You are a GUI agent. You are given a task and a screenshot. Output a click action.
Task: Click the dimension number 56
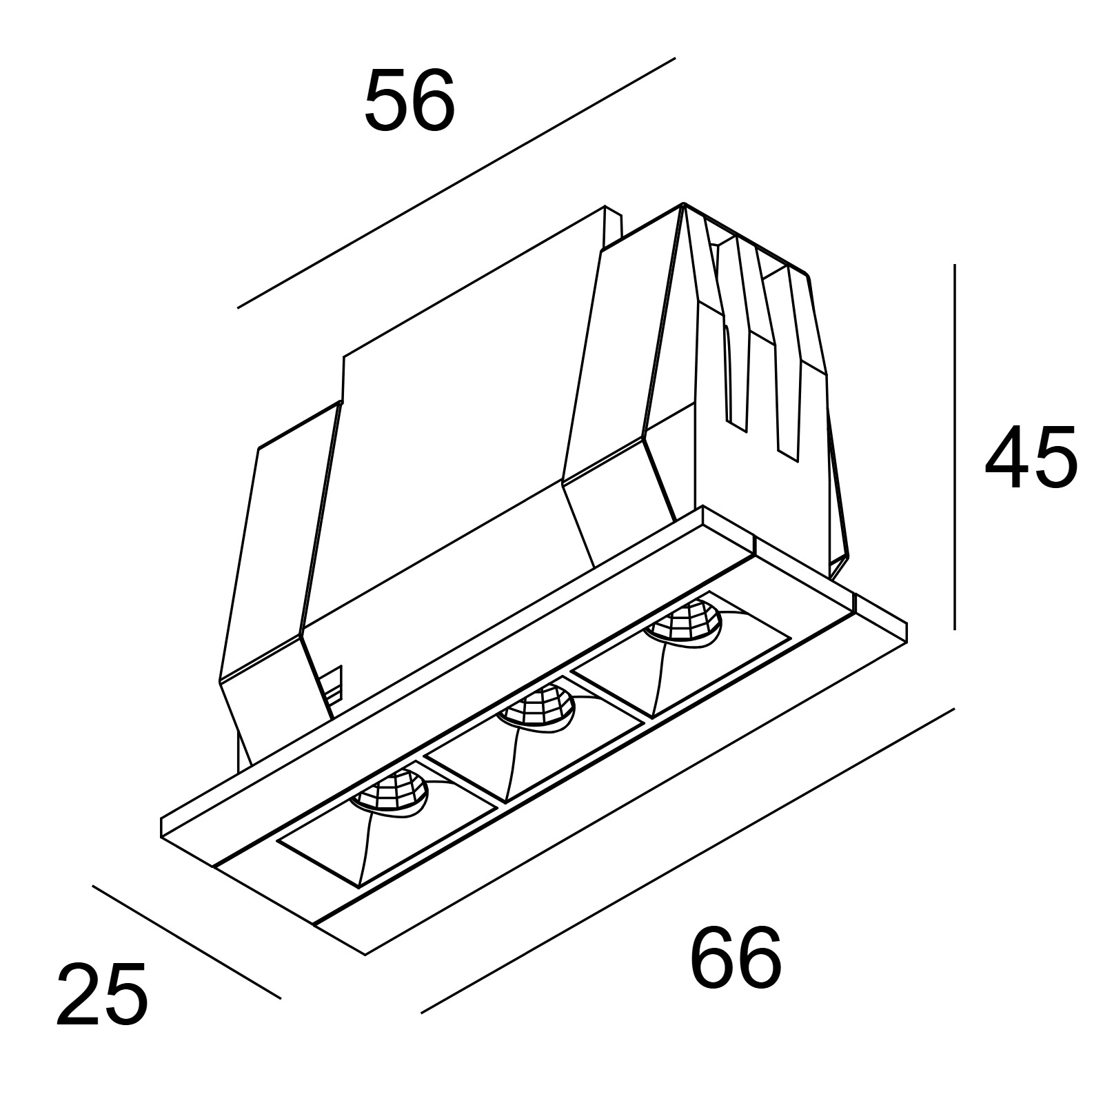click(x=409, y=101)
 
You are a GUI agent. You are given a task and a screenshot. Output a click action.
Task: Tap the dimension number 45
click(x=1031, y=457)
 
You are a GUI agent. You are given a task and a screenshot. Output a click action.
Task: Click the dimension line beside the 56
click(x=456, y=183)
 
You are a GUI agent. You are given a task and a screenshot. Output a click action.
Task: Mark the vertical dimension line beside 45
click(x=954, y=447)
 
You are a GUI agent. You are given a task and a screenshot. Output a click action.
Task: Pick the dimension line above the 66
click(x=687, y=860)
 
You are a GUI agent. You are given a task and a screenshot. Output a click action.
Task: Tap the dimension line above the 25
click(x=186, y=942)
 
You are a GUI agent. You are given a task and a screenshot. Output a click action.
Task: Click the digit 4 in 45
click(x=1006, y=457)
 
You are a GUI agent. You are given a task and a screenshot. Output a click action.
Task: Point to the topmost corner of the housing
click(x=682, y=203)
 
